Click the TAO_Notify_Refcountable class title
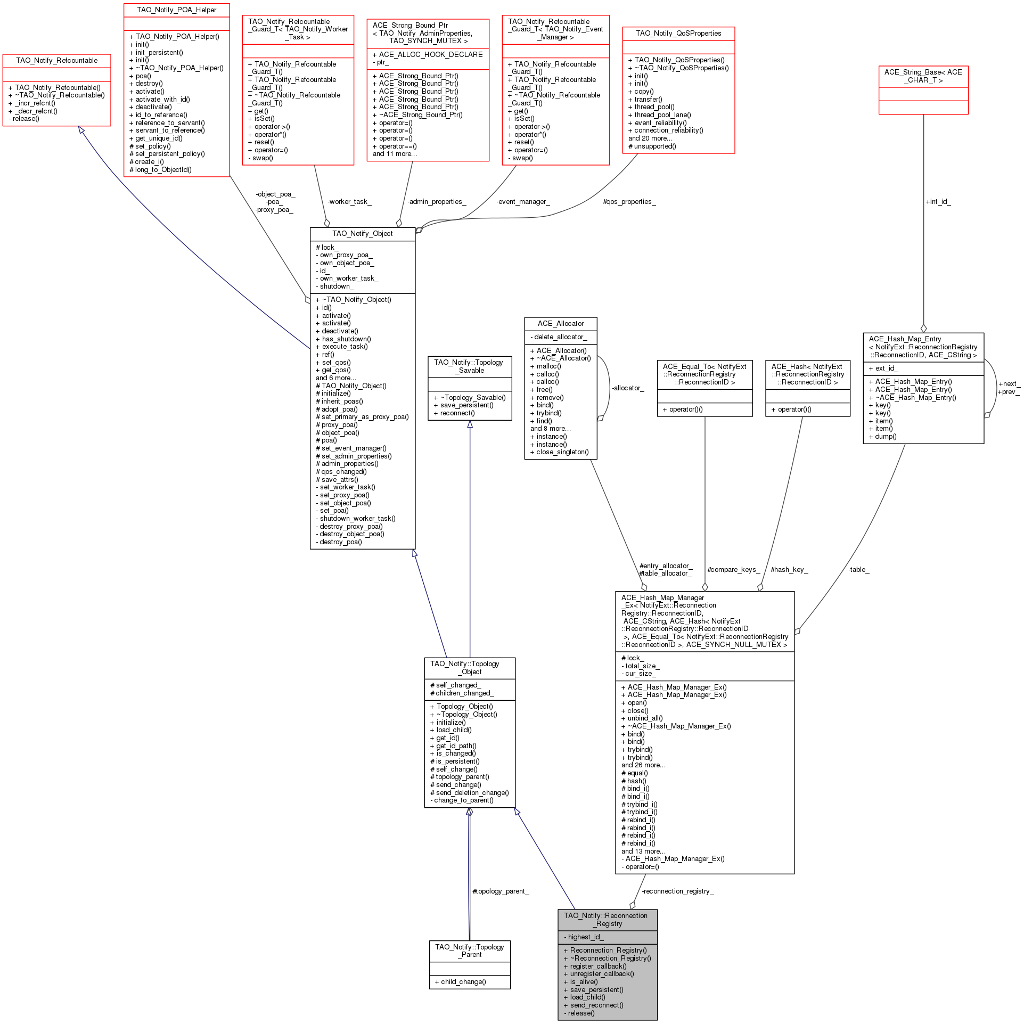pos(57,61)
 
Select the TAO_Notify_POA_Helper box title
pos(176,10)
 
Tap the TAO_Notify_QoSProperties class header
pos(678,34)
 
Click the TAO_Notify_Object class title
pos(362,234)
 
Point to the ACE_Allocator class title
pos(560,324)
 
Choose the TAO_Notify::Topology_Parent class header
pos(469,951)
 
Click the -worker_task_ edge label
pos(349,202)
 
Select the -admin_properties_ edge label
pos(437,202)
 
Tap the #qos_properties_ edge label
pos(629,202)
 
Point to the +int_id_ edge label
pos(938,202)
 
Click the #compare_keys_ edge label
pos(733,570)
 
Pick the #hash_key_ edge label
pos(789,570)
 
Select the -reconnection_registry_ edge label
pos(677,891)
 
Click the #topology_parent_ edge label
pos(501,891)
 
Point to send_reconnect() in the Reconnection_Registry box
pos(596,1005)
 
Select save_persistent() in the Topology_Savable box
pos(466,405)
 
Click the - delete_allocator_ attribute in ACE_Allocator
pos(559,337)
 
